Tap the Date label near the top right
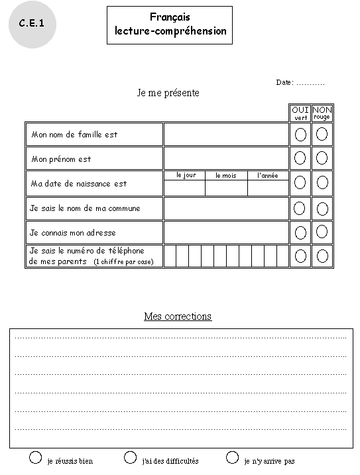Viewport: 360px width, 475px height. pos(284,83)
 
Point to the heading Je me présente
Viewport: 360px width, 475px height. pos(168,93)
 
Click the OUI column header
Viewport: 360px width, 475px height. pos(300,110)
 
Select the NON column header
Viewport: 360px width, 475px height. pos(322,110)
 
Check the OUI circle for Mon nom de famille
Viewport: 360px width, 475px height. pos(300,135)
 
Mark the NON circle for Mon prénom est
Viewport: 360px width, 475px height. pos(322,158)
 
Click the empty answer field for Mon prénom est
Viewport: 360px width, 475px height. pos(226,159)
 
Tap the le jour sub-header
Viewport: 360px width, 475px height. pos(186,176)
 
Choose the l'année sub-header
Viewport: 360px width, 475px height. pos(267,176)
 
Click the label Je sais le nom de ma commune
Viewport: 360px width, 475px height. pos(85,208)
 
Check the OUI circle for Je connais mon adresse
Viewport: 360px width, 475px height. pos(300,232)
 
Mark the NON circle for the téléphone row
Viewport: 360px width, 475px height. pos(322,255)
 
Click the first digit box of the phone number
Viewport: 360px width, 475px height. pos(170,256)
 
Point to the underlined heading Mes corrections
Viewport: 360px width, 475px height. pos(178,316)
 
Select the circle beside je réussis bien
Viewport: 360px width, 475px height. pos(36,457)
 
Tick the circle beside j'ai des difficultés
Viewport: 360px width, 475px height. pos(131,457)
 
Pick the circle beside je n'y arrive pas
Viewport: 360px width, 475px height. pos(232,457)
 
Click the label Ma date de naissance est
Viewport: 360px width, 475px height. pos(78,184)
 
